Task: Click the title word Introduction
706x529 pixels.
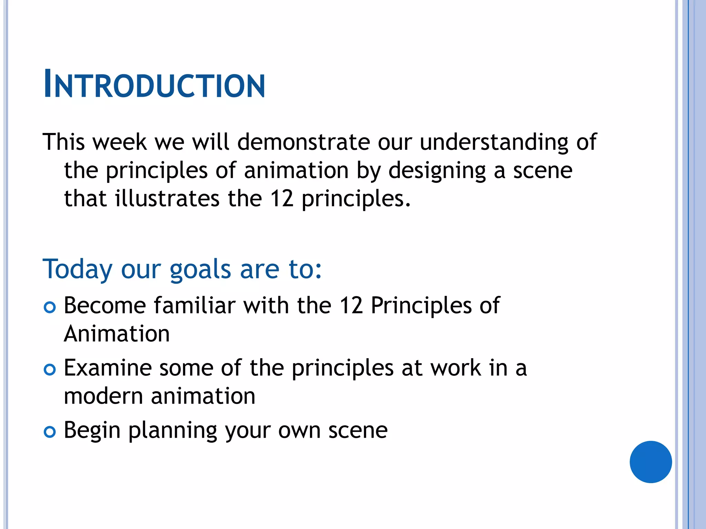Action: point(154,84)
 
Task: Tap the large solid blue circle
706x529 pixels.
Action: point(650,462)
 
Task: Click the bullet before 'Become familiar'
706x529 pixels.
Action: point(50,307)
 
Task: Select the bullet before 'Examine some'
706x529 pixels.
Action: point(50,370)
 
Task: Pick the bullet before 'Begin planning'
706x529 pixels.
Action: point(50,432)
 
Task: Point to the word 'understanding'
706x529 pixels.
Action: point(494,142)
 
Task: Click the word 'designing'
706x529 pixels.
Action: point(437,171)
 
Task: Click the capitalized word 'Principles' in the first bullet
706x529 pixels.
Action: point(421,306)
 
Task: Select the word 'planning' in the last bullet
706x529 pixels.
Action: point(173,431)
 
